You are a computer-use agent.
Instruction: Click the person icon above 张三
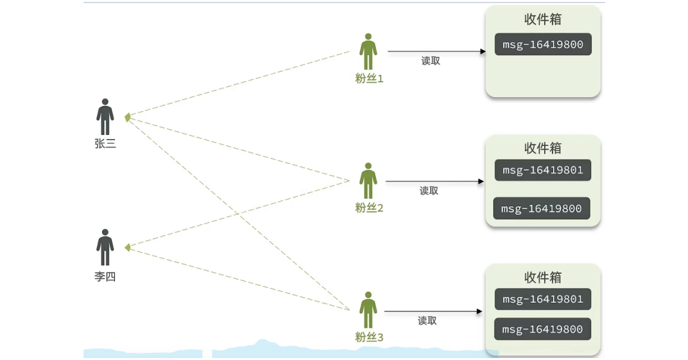pyautogui.click(x=105, y=116)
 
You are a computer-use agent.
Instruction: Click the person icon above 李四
pyautogui.click(x=105, y=247)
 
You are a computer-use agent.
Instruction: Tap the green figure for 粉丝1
pyautogui.click(x=368, y=51)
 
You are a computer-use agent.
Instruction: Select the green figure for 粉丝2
pyautogui.click(x=368, y=181)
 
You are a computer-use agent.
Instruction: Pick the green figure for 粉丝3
pyautogui.click(x=368, y=310)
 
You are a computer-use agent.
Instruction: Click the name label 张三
pyautogui.click(x=105, y=144)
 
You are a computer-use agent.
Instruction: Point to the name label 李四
pyautogui.click(x=105, y=277)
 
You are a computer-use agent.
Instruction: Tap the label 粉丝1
pyautogui.click(x=369, y=79)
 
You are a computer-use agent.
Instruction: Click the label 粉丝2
pyautogui.click(x=369, y=208)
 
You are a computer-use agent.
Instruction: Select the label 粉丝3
pyautogui.click(x=369, y=337)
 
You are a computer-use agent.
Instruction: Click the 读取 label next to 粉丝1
pyautogui.click(x=431, y=61)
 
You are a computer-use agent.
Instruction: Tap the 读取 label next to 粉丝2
pyautogui.click(x=429, y=191)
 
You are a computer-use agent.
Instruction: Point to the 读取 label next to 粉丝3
pyautogui.click(x=427, y=321)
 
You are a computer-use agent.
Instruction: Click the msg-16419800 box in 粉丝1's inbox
pyautogui.click(x=543, y=44)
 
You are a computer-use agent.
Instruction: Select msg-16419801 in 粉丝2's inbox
pyautogui.click(x=543, y=170)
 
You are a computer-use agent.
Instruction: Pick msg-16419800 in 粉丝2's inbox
pyautogui.click(x=542, y=208)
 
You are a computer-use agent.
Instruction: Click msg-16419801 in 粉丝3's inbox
pyautogui.click(x=543, y=299)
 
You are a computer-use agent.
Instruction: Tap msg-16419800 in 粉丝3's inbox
pyautogui.click(x=543, y=329)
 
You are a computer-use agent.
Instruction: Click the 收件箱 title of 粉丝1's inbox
pyautogui.click(x=543, y=19)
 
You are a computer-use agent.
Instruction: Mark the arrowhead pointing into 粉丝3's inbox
pyautogui.click(x=479, y=312)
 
